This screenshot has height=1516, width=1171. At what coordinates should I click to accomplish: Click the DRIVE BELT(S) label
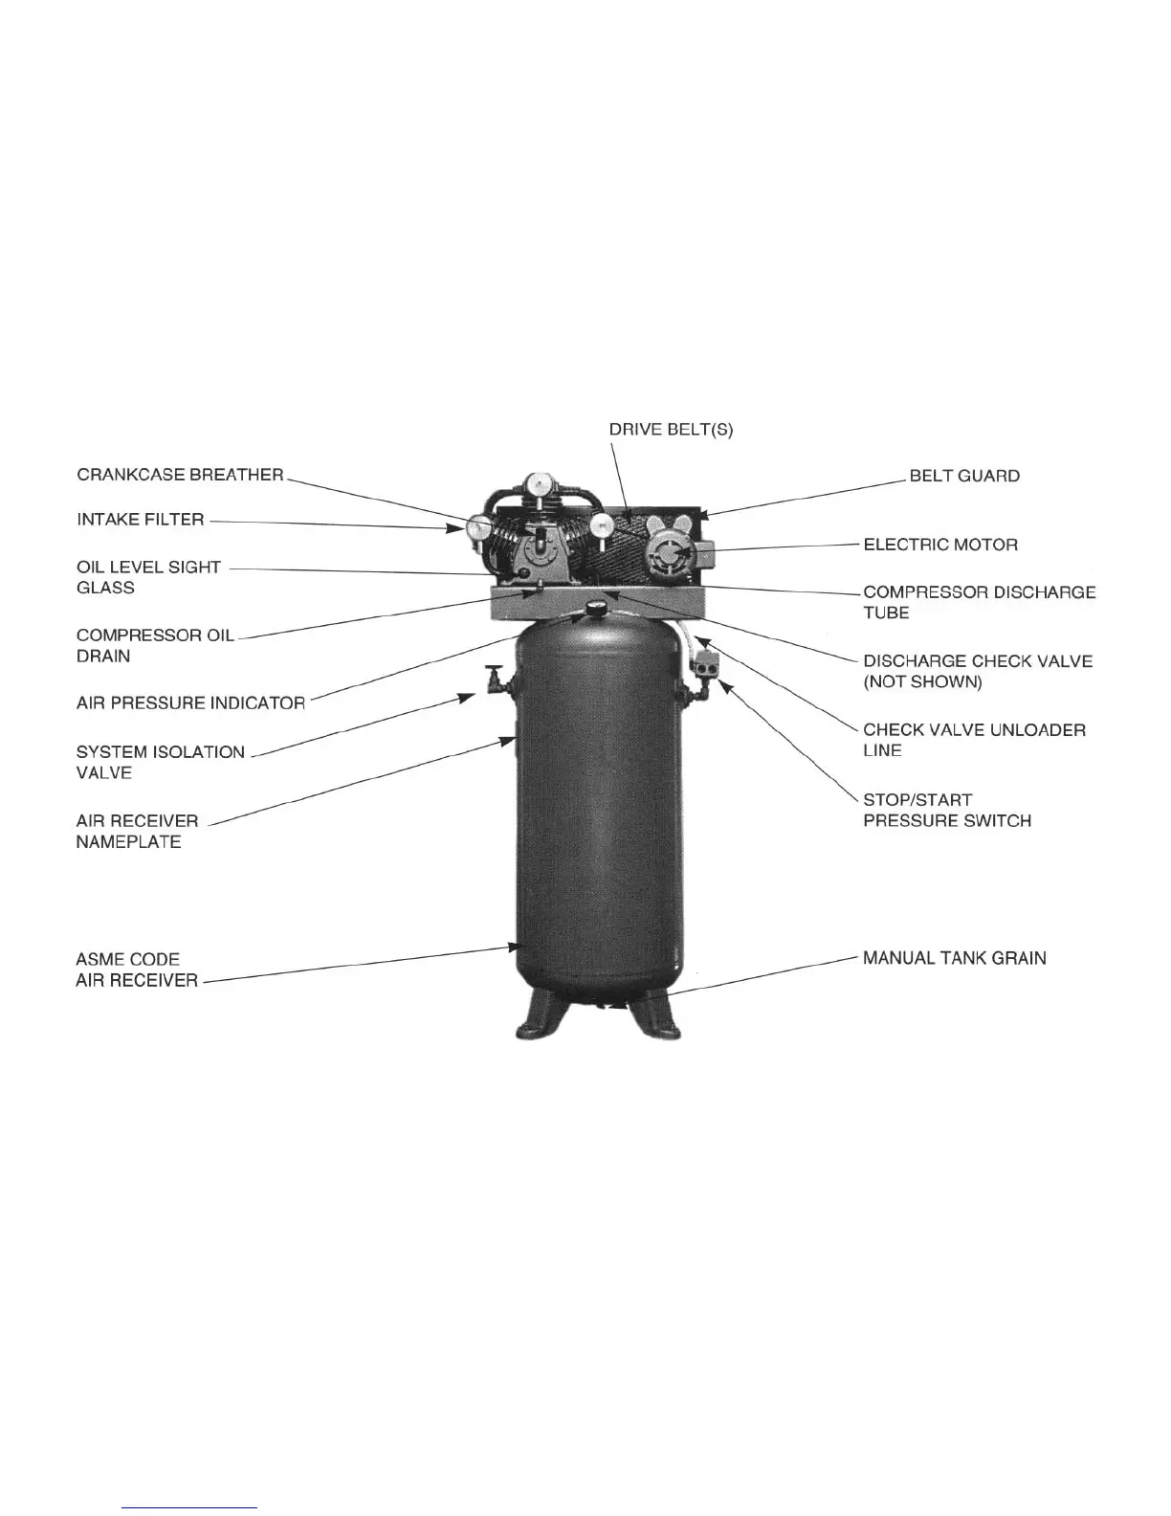coord(671,430)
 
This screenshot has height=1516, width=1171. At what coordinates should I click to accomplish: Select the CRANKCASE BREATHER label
coord(180,475)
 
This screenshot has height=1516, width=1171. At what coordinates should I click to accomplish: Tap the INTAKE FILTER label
coord(140,520)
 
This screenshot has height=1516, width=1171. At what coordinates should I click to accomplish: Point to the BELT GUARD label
coord(964,476)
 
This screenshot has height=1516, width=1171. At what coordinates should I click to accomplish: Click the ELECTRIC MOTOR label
coord(940,545)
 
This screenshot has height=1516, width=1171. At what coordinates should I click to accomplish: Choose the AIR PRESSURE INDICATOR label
coord(190,702)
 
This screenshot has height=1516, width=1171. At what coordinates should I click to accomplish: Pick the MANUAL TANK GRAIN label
coord(954,958)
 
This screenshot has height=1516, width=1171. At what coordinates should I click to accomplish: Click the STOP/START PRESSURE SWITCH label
coord(946,810)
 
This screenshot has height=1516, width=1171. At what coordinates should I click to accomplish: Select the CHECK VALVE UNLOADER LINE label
coord(974,740)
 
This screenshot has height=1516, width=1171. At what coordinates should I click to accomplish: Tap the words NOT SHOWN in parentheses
coord(922,682)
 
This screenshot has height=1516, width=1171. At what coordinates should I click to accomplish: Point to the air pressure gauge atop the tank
coord(598,606)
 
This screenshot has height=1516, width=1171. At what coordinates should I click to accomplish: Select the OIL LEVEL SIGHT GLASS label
coord(148,577)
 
